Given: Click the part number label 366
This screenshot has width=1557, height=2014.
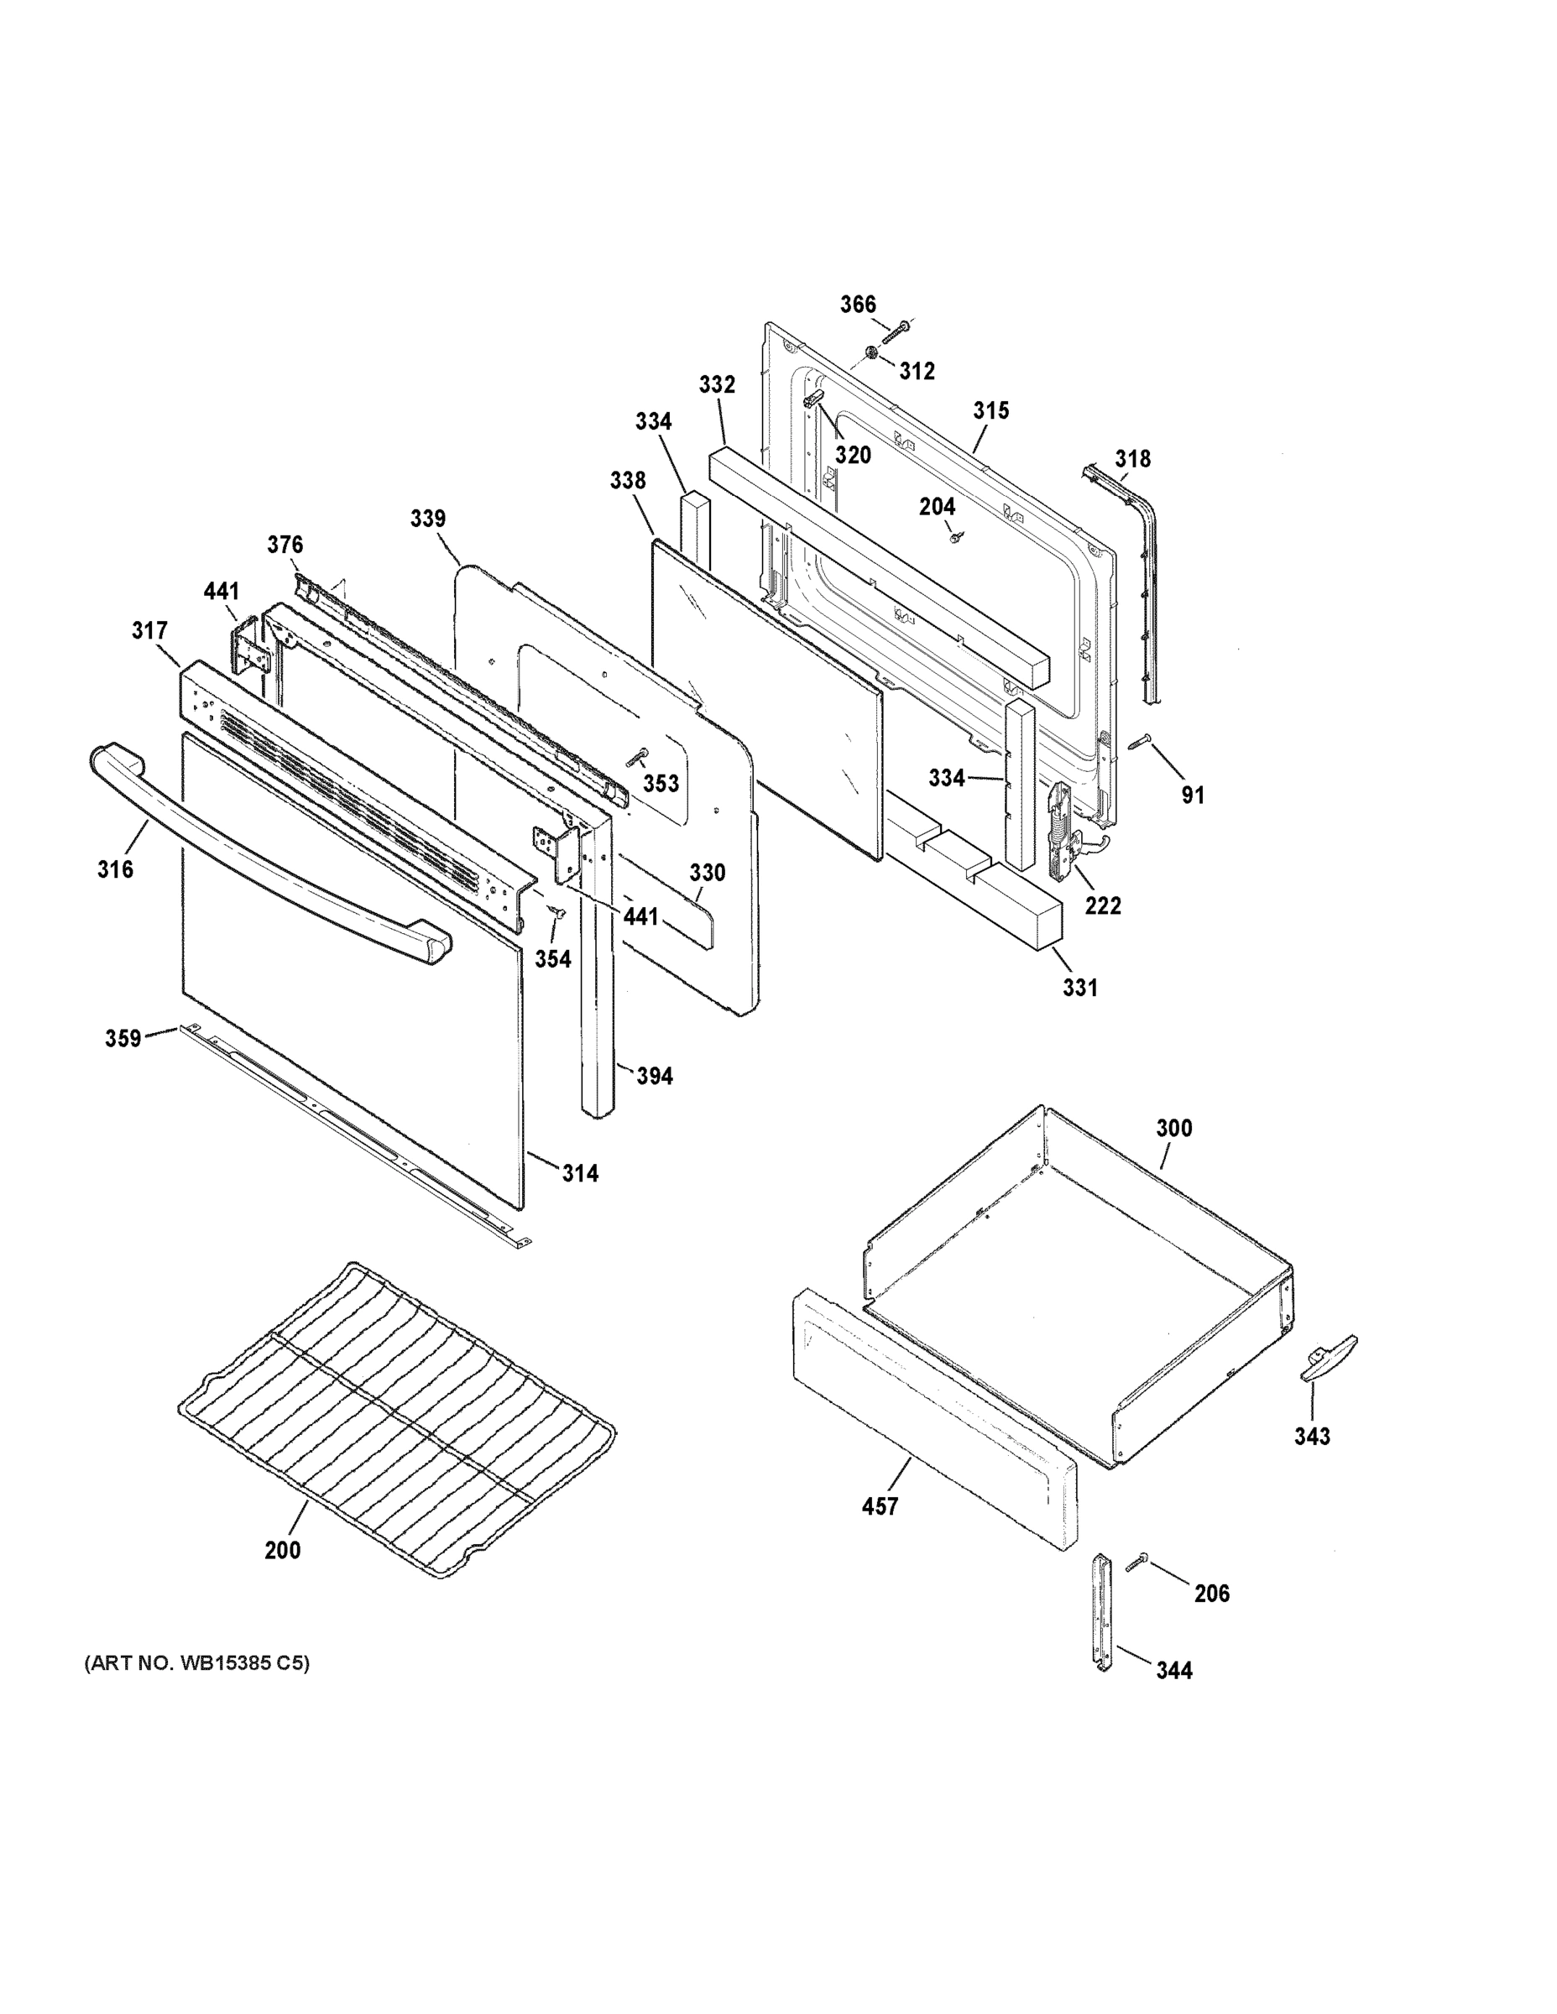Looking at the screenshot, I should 857,305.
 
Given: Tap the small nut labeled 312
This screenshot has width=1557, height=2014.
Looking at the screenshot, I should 871,352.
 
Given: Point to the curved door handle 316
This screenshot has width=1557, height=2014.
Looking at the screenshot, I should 268,853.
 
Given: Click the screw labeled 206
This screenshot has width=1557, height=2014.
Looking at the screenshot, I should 1136,1560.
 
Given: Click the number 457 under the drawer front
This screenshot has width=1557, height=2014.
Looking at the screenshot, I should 879,1506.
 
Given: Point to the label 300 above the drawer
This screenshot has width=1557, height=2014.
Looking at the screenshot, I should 1173,1128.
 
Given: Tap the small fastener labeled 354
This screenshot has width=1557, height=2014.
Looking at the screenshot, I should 556,913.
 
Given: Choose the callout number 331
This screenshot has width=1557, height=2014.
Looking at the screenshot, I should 1079,988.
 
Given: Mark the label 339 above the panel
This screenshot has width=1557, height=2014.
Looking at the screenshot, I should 428,519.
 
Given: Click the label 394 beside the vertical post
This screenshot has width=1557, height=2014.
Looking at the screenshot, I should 655,1075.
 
